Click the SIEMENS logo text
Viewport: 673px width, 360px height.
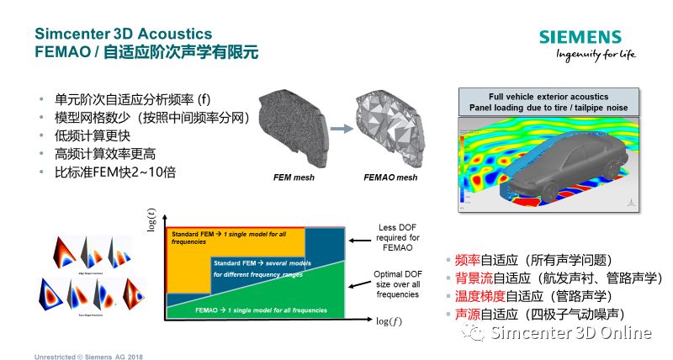(x=580, y=37)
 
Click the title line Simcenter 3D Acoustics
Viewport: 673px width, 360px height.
(x=123, y=34)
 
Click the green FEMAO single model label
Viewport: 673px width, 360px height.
(x=249, y=310)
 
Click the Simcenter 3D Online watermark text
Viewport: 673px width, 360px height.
(x=571, y=333)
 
